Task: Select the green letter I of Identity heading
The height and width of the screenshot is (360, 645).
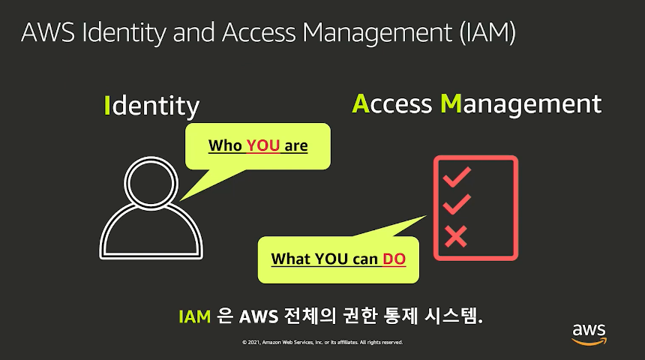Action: click(x=107, y=105)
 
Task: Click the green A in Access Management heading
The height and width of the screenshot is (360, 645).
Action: click(x=361, y=104)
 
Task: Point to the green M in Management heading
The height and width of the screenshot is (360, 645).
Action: click(x=451, y=104)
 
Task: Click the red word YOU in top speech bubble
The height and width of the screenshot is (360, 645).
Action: click(x=262, y=145)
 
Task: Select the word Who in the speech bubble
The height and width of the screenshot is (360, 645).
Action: click(x=225, y=145)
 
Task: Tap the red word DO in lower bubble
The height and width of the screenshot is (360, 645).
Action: click(x=394, y=259)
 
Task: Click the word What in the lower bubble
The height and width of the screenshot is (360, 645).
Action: click(x=290, y=259)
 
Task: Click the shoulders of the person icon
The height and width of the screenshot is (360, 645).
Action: click(x=151, y=236)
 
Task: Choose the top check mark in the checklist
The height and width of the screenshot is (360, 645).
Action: click(x=457, y=177)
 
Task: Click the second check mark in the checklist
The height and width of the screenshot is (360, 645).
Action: click(x=457, y=205)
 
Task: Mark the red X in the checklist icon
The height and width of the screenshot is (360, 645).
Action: click(x=456, y=236)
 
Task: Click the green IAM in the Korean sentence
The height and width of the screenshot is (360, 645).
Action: click(x=194, y=316)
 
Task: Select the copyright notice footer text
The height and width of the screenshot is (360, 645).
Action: click(x=322, y=342)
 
